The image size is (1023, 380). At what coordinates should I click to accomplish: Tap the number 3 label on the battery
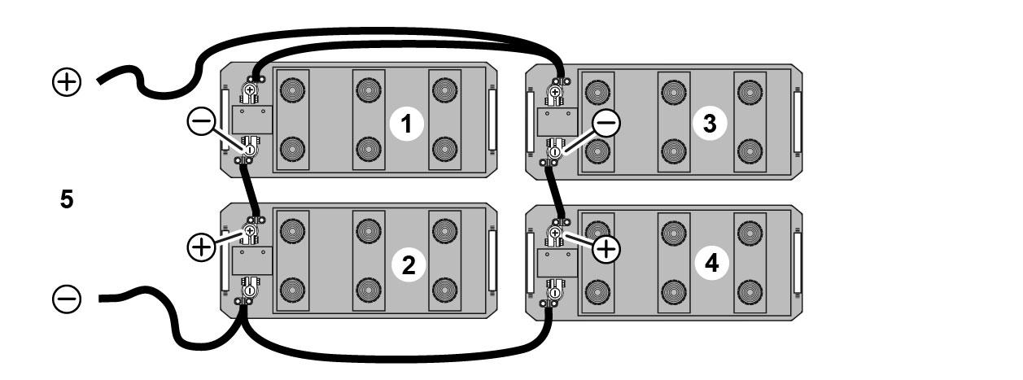click(x=710, y=124)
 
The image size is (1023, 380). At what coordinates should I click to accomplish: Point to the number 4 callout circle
click(x=711, y=264)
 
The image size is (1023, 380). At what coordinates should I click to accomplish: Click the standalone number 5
click(x=67, y=199)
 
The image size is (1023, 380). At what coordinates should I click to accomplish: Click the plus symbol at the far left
click(x=67, y=81)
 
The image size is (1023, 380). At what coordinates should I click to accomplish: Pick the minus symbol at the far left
click(x=67, y=300)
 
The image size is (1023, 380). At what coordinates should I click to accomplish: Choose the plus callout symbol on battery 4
click(x=605, y=248)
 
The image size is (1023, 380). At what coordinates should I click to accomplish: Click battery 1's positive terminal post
click(x=251, y=91)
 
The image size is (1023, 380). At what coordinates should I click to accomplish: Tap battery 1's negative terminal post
click(x=251, y=150)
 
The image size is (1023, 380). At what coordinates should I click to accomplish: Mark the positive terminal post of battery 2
click(x=251, y=232)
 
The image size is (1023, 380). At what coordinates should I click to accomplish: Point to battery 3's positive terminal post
click(x=555, y=93)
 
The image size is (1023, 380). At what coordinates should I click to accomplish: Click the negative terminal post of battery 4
click(x=555, y=290)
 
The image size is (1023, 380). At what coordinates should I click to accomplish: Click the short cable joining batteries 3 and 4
click(x=557, y=191)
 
